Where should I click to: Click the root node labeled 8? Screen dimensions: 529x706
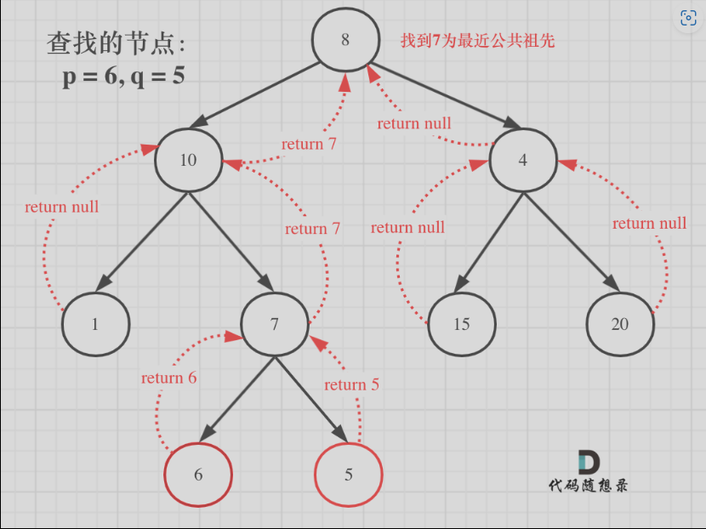point(344,40)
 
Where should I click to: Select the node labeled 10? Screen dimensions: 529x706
point(188,160)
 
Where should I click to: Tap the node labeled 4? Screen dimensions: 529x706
point(522,160)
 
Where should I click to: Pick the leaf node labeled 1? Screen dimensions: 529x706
point(95,324)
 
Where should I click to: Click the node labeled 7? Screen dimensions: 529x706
point(274,324)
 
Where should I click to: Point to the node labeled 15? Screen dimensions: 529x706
point(461,324)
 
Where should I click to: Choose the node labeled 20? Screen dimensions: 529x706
point(620,324)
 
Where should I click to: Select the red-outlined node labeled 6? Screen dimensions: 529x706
point(198,475)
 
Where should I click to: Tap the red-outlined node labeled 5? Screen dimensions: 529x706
point(349,475)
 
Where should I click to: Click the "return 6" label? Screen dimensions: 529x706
point(168,378)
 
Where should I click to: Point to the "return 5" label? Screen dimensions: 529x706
point(351,384)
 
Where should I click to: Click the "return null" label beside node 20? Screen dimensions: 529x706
point(649,224)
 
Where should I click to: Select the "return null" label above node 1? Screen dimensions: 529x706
point(62,207)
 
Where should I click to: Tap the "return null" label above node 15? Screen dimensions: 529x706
point(407,227)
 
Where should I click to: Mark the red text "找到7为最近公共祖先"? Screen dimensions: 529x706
point(478,40)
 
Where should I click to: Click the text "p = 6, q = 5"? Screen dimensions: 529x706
point(124,77)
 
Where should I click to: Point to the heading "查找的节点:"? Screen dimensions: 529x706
point(116,43)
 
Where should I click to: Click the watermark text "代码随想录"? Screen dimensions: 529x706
point(589,486)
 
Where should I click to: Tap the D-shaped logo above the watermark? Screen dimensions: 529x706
point(588,462)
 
